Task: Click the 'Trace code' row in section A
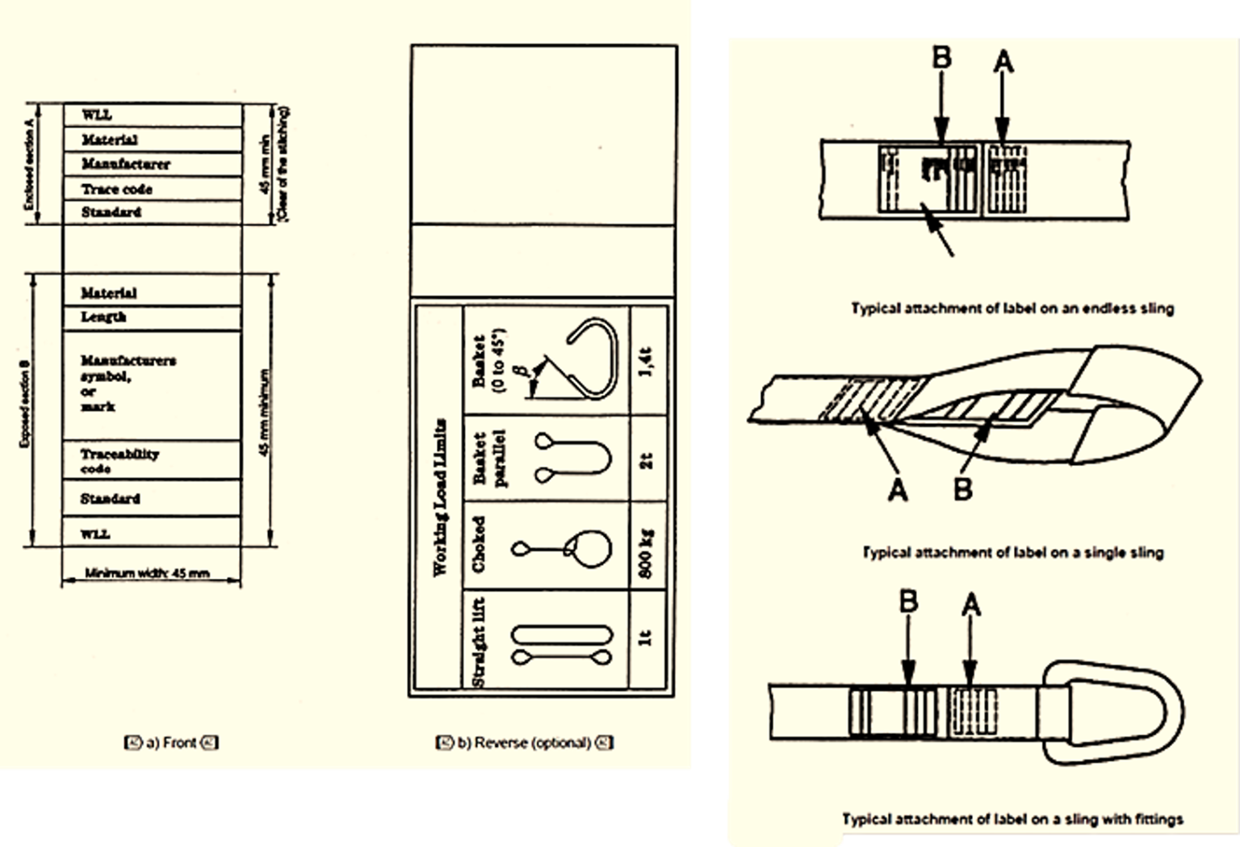coord(117,189)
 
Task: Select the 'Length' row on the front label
coord(103,317)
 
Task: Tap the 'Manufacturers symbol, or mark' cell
coord(128,384)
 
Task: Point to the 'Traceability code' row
coord(119,461)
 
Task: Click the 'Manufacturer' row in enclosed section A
coord(126,164)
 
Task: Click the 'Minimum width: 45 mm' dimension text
coord(148,573)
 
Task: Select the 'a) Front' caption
coord(171,743)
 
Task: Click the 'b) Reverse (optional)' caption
coord(524,743)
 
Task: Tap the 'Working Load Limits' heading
coord(441,497)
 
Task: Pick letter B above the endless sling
coord(941,58)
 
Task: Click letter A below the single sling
coord(898,488)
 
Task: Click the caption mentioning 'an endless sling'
coord(1012,308)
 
